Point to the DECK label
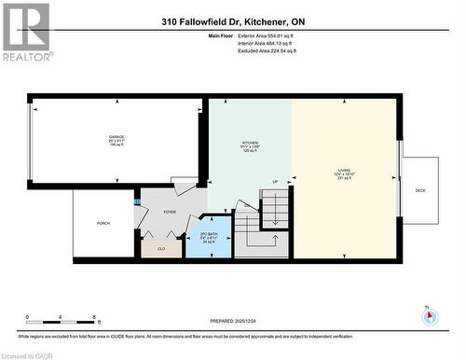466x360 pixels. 420,189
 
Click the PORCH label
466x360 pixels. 103,224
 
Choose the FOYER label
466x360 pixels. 170,213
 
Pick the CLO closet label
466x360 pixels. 161,249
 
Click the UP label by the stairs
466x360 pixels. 275,181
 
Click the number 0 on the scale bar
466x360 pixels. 28,318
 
